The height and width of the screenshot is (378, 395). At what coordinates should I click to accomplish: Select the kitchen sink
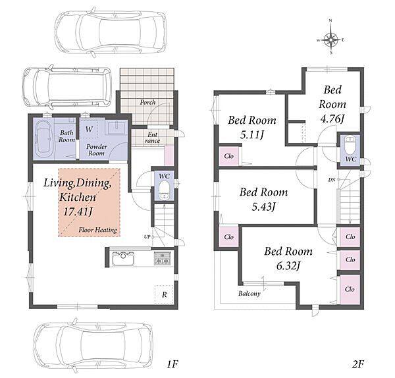pyautogui.click(x=123, y=259)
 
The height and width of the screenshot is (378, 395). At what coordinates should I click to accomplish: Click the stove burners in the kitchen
pyautogui.click(x=163, y=259)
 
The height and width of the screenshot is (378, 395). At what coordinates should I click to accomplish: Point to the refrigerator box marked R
pyautogui.click(x=164, y=294)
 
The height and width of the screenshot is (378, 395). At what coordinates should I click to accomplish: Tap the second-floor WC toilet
pyautogui.click(x=350, y=145)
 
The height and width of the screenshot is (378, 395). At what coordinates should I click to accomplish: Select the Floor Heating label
pyautogui.click(x=97, y=230)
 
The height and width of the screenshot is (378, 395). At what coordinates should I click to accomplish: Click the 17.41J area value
pyautogui.click(x=78, y=211)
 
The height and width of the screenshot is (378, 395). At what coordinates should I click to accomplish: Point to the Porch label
pyautogui.click(x=147, y=102)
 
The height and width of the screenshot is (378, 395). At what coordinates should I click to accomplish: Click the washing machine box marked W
pyautogui.click(x=89, y=129)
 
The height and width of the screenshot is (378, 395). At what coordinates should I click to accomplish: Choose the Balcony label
pyautogui.click(x=250, y=294)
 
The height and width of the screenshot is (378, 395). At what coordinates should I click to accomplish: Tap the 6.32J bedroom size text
pyautogui.click(x=288, y=265)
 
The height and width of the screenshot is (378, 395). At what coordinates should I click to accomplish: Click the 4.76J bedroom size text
pyautogui.click(x=332, y=119)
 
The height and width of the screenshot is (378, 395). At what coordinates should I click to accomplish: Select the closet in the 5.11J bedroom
pyautogui.click(x=228, y=156)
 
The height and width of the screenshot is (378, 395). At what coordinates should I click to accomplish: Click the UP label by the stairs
pyautogui.click(x=147, y=236)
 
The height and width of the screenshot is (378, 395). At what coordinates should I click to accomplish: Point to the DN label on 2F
pyautogui.click(x=332, y=180)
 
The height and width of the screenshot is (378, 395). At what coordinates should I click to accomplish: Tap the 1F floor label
pyautogui.click(x=172, y=364)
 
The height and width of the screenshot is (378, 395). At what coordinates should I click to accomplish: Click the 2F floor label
pyautogui.click(x=358, y=364)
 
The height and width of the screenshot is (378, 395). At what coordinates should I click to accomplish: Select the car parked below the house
pyautogui.click(x=93, y=346)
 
